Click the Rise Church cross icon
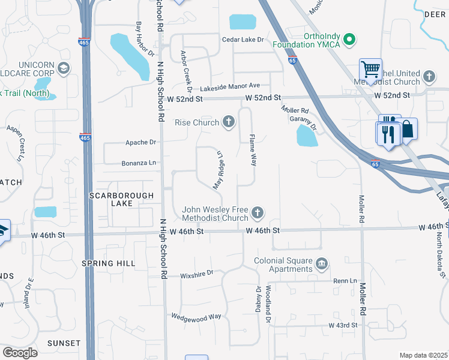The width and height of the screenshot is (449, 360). point(228,123)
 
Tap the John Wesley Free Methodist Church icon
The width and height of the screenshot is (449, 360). point(258,213)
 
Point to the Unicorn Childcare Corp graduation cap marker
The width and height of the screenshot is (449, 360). point(63,69)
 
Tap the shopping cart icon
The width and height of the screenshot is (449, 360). point(370,69)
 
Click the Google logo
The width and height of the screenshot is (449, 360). point(20,353)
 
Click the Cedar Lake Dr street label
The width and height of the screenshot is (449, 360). point(243,40)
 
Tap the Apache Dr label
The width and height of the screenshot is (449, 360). point(140,143)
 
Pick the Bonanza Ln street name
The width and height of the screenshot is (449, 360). point(139,163)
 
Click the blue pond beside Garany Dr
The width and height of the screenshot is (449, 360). point(307,136)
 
